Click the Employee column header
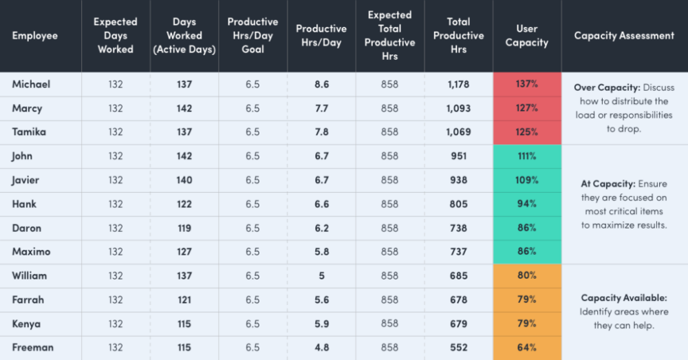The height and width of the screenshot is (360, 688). point(34,36)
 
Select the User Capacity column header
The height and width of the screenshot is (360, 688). point(526,36)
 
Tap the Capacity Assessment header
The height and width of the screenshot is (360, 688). point(624,36)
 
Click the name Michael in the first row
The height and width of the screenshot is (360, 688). point(31,84)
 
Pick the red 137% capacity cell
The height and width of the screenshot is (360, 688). point(527,84)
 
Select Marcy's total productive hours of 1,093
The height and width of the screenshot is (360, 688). point(458,108)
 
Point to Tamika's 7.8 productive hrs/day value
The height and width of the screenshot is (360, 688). point(321,132)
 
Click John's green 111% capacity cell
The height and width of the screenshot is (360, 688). point(527,156)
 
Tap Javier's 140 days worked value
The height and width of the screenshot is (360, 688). point(184,180)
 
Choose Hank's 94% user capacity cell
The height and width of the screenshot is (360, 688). point(527,204)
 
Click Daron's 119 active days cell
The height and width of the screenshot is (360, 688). point(184,228)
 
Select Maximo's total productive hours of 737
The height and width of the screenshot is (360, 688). point(458,252)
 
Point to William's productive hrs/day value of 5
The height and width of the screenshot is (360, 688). point(321,276)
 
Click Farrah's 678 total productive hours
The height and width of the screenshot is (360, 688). point(458,300)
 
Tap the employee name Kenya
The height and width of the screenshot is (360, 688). point(26,324)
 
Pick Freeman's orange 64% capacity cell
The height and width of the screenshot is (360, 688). point(527,348)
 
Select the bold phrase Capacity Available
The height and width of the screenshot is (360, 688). point(623,298)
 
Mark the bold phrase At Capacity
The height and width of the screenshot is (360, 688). point(608,184)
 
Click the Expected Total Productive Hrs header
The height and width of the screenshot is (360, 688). point(389,36)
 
